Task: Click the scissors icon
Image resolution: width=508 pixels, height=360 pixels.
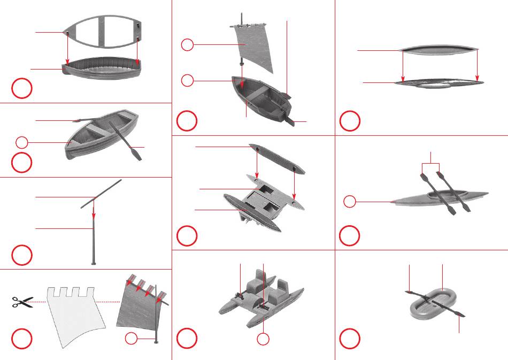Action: (22, 302)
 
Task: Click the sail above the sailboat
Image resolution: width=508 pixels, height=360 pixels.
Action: (255, 49)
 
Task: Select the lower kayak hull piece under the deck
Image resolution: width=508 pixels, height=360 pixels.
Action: (438, 83)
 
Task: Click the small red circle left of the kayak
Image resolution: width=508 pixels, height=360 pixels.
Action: (349, 202)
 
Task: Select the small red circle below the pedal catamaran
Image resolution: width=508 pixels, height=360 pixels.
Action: (262, 339)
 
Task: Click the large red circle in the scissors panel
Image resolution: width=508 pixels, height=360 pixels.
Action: (22, 339)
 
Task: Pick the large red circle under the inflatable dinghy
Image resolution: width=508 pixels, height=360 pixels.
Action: (349, 339)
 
